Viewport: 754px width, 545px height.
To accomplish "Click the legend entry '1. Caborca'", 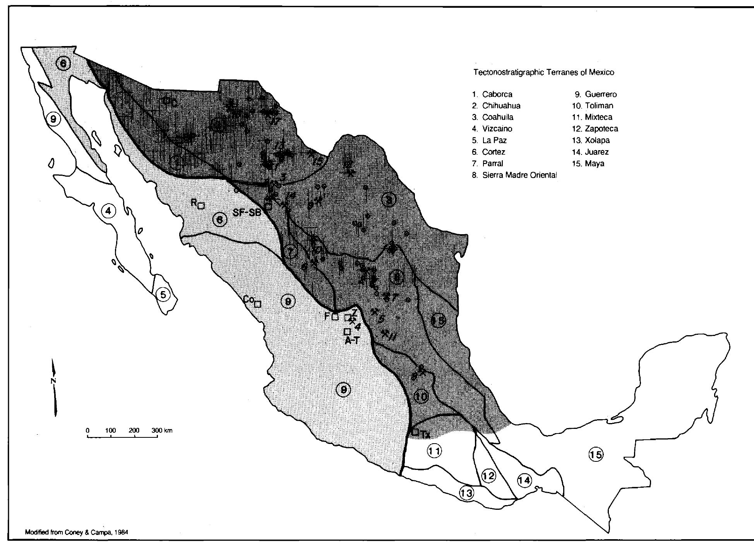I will pos(492,94).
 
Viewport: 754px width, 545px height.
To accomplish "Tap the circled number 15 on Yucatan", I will pos(596,454).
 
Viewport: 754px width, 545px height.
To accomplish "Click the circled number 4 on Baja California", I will pos(108,211).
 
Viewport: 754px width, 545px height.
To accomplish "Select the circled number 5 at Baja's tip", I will pos(163,295).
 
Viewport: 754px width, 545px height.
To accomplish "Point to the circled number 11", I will pos(434,450).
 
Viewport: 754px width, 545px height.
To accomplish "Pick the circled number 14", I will pos(525,480).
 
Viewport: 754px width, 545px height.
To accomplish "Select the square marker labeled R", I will pos(201,206).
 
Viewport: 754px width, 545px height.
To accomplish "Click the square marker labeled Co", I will pos(257,304).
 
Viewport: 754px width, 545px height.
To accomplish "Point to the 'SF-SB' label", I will pos(247,213).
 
